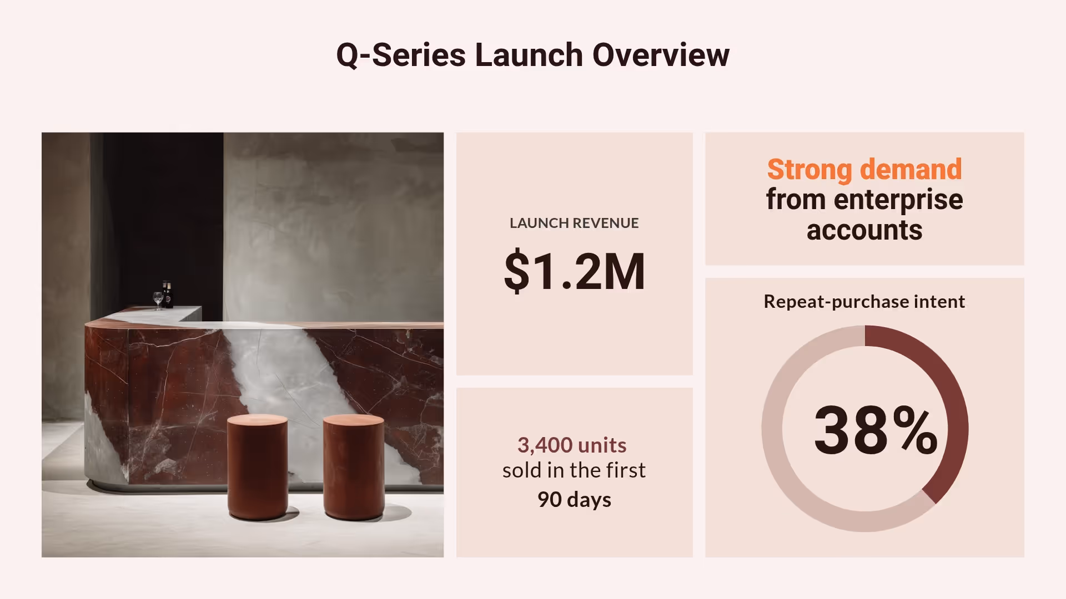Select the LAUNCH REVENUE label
(574, 223)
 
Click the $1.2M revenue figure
(574, 271)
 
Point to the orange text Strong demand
(864, 169)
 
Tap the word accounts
(864, 230)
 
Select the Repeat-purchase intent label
(864, 301)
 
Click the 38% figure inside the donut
(875, 430)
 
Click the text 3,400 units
(572, 445)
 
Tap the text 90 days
(574, 499)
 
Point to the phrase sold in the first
(574, 470)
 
